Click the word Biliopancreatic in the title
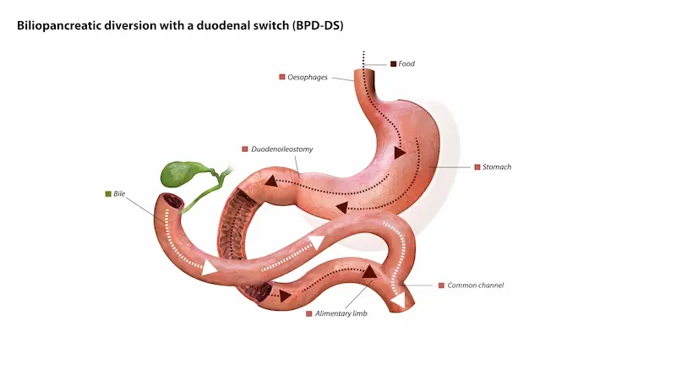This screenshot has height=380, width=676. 60,25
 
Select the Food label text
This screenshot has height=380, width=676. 406,63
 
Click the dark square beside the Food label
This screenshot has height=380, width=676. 393,63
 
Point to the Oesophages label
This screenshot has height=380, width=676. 308,77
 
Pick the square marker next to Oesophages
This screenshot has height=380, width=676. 282,77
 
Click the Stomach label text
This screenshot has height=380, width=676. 497,167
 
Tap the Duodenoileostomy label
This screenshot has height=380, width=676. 282,149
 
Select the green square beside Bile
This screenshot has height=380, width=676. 108,193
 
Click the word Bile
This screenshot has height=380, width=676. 119,193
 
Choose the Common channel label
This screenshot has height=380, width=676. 475,285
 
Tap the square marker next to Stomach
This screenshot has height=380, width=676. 477,167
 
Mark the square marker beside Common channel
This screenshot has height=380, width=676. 441,285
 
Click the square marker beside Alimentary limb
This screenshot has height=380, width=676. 309,313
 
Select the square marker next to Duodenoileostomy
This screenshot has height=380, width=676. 244,149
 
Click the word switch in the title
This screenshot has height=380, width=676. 269,25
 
